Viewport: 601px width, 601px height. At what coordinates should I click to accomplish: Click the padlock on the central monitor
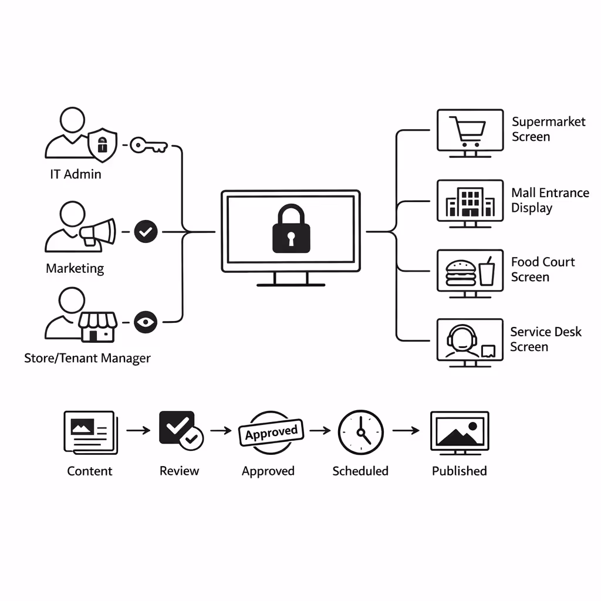291,228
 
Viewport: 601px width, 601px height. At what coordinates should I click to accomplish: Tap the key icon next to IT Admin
148,145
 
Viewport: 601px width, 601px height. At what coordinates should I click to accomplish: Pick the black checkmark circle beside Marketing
146,232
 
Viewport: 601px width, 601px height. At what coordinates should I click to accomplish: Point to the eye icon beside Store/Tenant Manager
146,322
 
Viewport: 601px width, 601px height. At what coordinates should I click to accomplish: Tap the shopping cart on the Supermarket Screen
468,130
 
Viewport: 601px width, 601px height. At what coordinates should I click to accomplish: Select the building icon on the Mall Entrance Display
470,202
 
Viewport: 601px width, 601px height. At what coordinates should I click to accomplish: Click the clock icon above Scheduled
360,432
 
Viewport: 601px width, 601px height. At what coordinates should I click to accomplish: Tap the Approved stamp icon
271,433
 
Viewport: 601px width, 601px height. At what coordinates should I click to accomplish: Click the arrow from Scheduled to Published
406,431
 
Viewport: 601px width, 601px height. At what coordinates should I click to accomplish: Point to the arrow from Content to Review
139,431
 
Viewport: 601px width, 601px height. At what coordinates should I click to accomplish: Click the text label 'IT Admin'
75,174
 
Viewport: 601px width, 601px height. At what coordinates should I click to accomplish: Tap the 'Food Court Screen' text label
542,269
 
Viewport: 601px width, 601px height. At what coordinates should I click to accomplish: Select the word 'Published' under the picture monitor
459,471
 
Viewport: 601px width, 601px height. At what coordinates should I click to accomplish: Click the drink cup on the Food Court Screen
487,272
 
